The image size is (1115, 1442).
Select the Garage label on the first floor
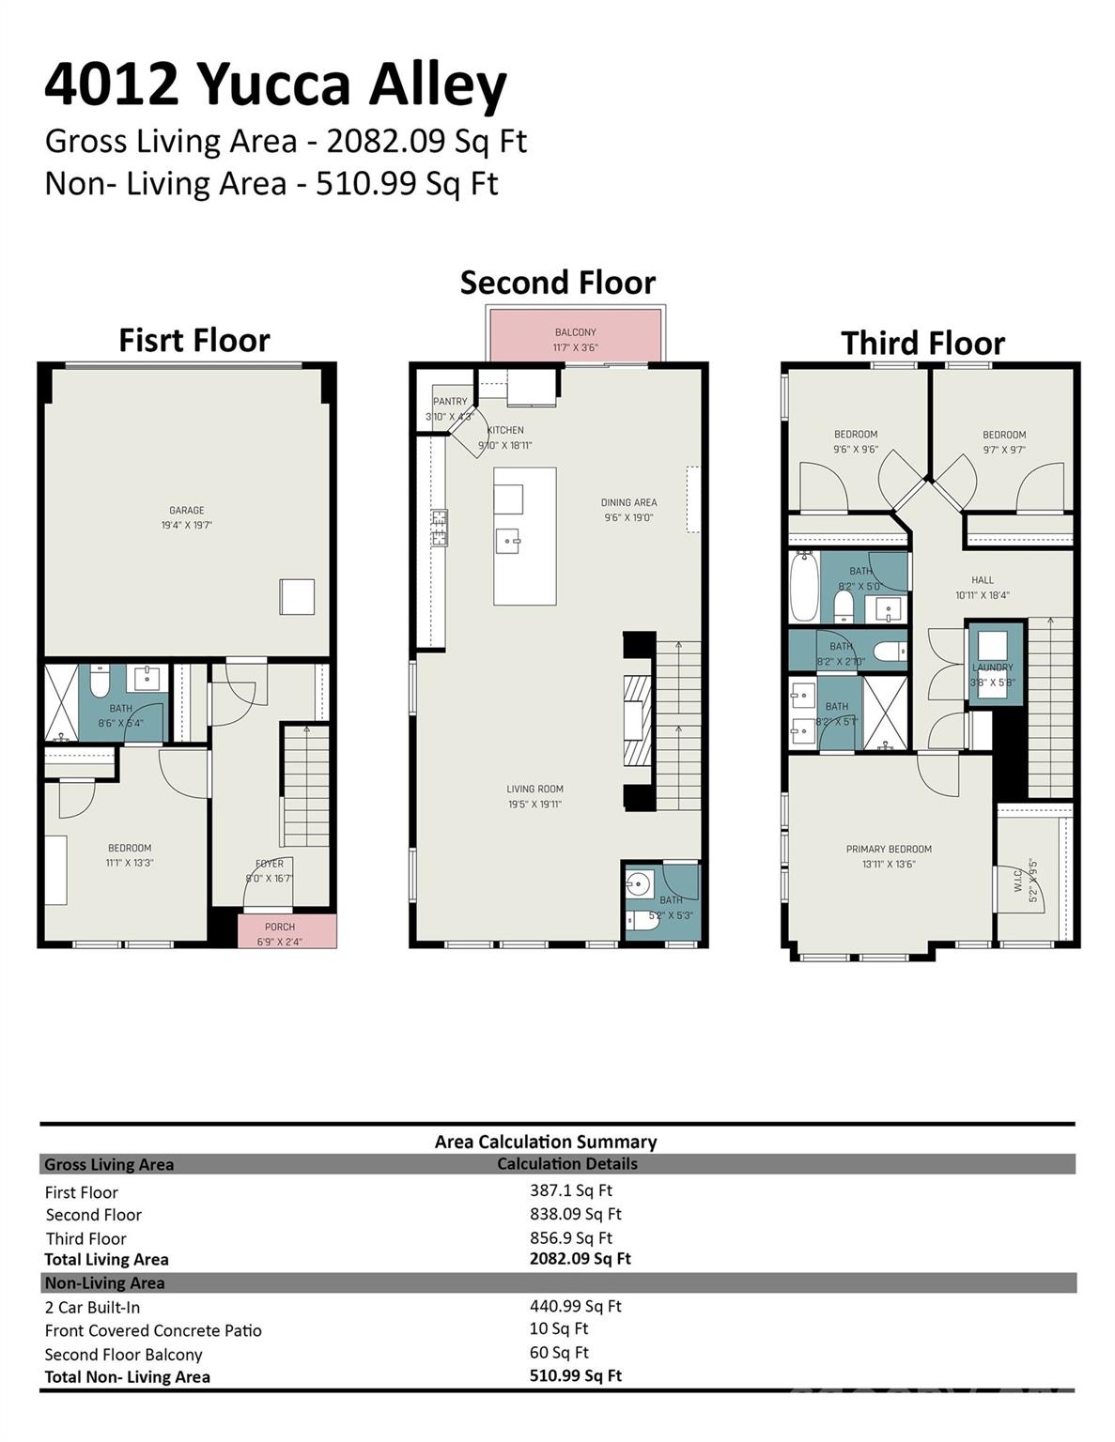pos(187,511)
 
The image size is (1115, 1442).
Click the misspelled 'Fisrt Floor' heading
pos(194,340)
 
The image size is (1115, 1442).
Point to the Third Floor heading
pos(922,344)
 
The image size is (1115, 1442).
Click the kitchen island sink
pos(508,541)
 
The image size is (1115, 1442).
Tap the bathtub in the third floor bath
pos(804,586)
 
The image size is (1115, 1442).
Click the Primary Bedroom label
pos(889,850)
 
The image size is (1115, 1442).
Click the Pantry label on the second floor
pos(450,402)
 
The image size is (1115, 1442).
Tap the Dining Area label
pos(628,503)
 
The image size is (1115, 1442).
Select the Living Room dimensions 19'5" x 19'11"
pos(534,805)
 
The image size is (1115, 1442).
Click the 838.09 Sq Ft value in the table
pos(575,1214)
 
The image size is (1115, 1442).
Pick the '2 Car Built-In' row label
pos(92,1307)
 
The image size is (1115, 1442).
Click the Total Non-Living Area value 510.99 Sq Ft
pos(575,1375)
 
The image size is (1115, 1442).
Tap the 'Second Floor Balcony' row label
pos(123,1355)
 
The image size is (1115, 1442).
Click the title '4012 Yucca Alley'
pos(275,84)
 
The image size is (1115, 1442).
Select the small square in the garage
pos(297,597)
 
